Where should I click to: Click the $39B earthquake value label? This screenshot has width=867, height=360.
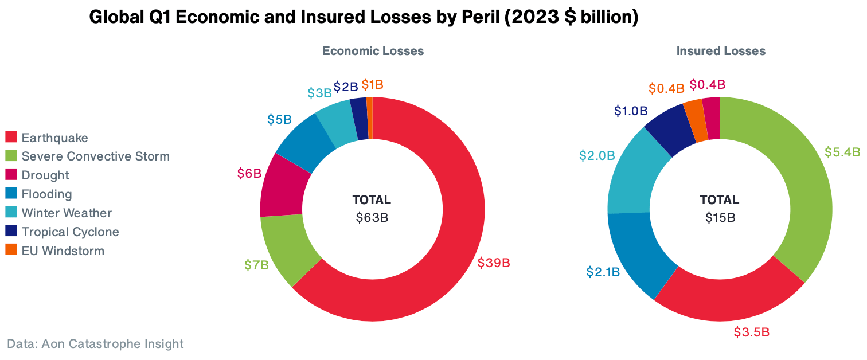[x=494, y=263]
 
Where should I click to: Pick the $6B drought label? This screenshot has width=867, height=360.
[x=249, y=173]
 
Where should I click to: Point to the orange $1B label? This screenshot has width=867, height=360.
[x=372, y=85]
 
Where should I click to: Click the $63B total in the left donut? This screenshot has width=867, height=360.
[x=372, y=218]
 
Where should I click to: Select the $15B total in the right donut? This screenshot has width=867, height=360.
[x=720, y=218]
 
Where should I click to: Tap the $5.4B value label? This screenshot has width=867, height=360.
[x=842, y=152]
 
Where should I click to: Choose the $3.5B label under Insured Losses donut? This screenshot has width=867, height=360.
[x=751, y=332]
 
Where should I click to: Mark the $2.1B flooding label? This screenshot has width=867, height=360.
[x=603, y=272]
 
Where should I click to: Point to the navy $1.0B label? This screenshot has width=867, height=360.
[x=631, y=110]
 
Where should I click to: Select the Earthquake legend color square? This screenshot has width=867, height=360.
[x=11, y=138]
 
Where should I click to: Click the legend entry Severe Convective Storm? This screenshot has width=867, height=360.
[x=95, y=156]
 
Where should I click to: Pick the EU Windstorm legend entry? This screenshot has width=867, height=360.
[x=63, y=251]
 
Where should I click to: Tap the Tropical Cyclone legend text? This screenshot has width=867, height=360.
[x=70, y=232]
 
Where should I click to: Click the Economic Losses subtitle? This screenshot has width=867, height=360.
[x=373, y=51]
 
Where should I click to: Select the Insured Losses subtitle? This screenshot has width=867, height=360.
[x=721, y=51]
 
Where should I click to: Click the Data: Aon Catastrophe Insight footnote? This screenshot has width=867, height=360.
[x=95, y=344]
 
